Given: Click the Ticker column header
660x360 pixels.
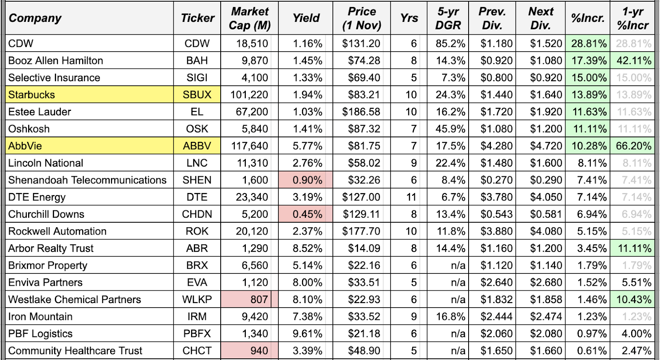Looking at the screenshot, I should pos(197,18).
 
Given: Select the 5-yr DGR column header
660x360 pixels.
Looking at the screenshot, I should pos(448,18).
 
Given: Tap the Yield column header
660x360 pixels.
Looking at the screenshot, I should pos(306,18).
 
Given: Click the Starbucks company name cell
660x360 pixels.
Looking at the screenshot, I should pos(32,95).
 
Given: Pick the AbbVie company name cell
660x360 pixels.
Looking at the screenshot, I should pos(25,146).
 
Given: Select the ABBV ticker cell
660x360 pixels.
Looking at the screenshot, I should pos(197,146).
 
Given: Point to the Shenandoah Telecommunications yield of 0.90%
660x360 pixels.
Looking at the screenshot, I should pos(307,180).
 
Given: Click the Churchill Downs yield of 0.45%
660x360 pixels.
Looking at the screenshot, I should pos(307,214).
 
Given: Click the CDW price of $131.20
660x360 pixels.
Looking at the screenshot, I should pos(361,44).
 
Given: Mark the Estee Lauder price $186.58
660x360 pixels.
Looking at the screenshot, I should pos(361,112).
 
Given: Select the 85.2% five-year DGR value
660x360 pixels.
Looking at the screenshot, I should pos(450,44).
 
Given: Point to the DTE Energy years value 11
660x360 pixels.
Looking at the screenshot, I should pos(411,197).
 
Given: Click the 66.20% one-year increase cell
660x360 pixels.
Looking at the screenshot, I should pos(634,146).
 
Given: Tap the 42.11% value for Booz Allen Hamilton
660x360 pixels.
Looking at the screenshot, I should pos(634,61).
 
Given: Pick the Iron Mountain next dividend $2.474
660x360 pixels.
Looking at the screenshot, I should pos(546,317).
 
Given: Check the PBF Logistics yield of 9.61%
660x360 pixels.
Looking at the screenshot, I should pos(307,334).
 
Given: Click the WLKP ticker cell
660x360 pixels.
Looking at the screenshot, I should pos(197,299).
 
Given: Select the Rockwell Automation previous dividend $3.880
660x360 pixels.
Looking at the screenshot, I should pos(496,231).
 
